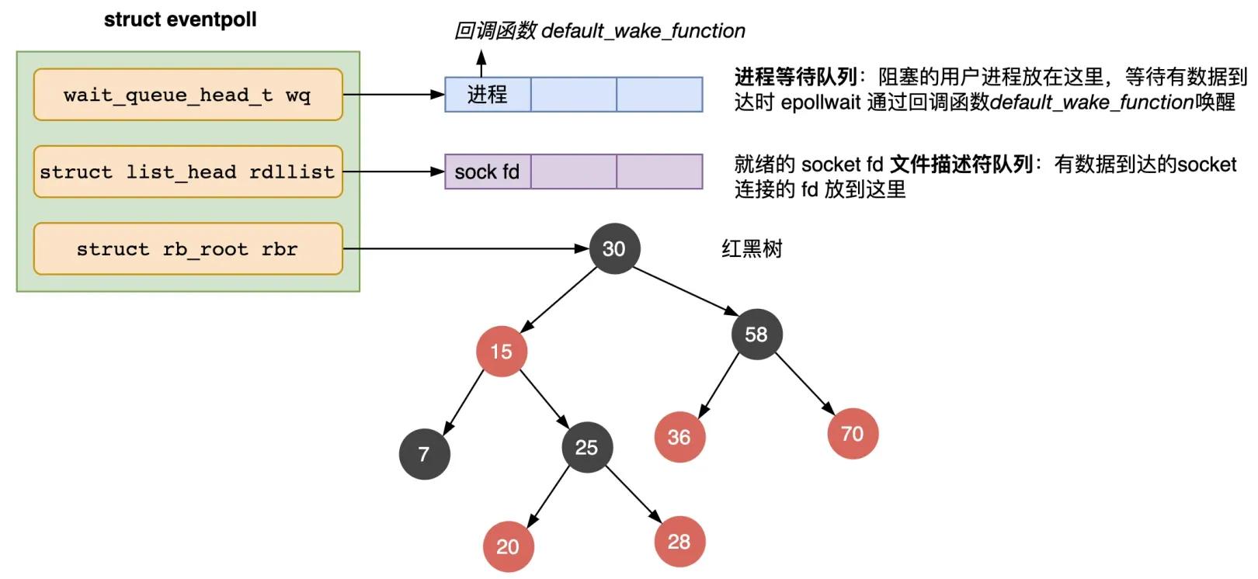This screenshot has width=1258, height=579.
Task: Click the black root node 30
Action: click(x=614, y=248)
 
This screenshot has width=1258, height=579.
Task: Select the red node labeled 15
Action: click(x=502, y=352)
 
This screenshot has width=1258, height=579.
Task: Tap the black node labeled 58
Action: click(x=756, y=334)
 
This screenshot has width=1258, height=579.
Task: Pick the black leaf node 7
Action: click(x=424, y=454)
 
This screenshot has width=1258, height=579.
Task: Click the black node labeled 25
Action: click(x=587, y=447)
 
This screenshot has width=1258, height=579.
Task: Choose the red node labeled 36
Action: click(x=679, y=437)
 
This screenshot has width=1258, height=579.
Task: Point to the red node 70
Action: click(x=853, y=434)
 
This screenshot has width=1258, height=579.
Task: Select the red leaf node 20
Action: click(x=508, y=546)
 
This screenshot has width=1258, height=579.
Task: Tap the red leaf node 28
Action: click(x=679, y=541)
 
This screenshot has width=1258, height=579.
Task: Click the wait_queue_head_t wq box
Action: click(x=188, y=95)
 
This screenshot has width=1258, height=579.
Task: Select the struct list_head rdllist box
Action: click(x=188, y=172)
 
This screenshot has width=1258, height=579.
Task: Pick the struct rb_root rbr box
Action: click(x=188, y=249)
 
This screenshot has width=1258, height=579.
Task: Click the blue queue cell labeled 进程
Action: click(x=488, y=95)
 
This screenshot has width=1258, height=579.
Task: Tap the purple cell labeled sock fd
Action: click(x=488, y=172)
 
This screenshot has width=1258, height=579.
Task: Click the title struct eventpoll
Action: click(x=180, y=19)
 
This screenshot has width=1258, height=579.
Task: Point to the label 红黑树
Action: click(x=752, y=249)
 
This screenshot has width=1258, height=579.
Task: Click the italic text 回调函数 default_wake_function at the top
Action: click(x=599, y=31)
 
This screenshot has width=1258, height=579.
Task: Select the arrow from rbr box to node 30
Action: click(x=466, y=248)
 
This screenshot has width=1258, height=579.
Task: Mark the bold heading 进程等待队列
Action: click(x=795, y=76)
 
